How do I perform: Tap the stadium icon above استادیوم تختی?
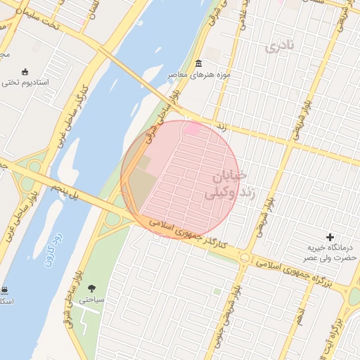(26, 71)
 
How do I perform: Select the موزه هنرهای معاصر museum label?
(197, 75)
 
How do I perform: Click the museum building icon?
(198, 64)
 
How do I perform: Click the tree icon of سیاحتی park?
(91, 288)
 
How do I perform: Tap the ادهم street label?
(301, 310)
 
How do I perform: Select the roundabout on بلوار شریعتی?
(244, 259)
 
